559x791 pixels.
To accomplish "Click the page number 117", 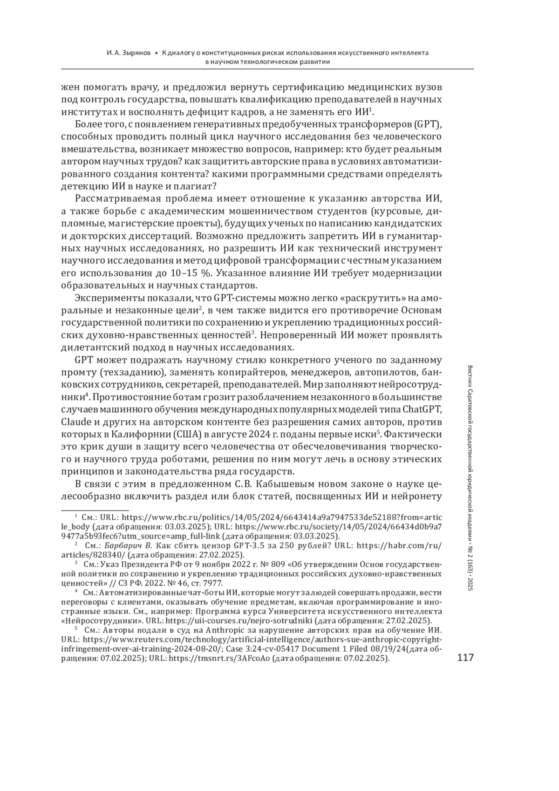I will (465, 658).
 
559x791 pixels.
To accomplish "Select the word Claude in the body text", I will (76, 422).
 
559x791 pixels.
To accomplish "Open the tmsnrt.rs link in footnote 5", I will (219, 659).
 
